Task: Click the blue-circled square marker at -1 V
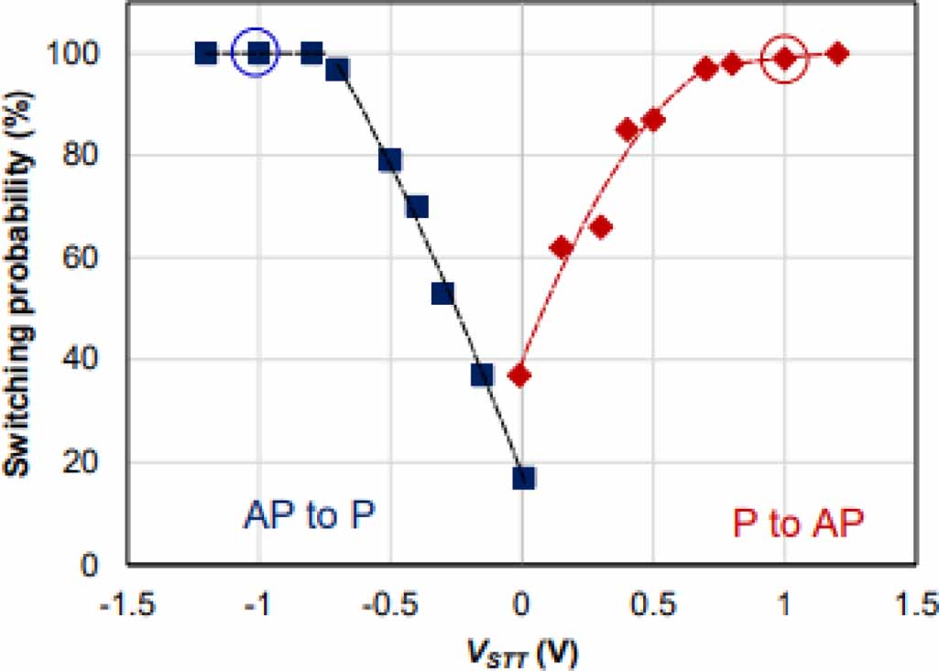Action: tap(259, 53)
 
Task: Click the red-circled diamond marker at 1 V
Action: tap(784, 58)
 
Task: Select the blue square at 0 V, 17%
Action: tap(523, 477)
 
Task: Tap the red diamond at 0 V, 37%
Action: tap(520, 375)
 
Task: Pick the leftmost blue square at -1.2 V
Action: tap(206, 53)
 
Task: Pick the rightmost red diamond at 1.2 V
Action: tap(836, 54)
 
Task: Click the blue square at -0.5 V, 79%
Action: tap(390, 160)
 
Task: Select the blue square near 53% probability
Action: tap(442, 293)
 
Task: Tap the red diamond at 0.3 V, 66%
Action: tap(600, 227)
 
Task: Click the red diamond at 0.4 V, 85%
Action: tap(627, 130)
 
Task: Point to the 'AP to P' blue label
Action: tap(311, 517)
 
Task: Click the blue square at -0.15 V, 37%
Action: tap(482, 374)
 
